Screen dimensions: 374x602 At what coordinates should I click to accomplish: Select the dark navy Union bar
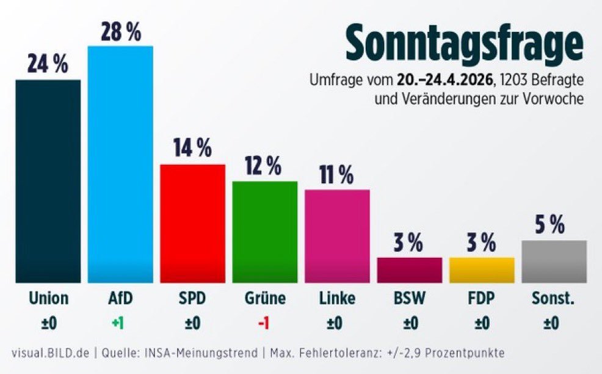pos(48,181)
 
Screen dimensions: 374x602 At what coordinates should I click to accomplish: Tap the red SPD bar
pos(192,223)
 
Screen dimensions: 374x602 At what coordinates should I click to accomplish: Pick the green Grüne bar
pos(264,232)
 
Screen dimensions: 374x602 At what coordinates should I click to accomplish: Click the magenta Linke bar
pos(337,236)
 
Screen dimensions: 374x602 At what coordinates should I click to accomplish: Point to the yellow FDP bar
pos(482,269)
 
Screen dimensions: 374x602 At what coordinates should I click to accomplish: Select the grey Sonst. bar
pos(554,262)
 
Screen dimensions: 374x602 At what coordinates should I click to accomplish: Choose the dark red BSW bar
pos(409,269)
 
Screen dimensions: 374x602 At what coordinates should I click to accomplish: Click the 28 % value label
pos(121,32)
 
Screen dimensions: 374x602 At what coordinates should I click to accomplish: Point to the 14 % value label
pos(192,148)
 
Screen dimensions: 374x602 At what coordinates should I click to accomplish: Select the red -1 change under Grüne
pos(264,323)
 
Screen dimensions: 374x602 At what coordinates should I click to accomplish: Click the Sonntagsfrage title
pos(465,43)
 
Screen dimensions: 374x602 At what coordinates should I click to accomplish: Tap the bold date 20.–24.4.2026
pos(444,80)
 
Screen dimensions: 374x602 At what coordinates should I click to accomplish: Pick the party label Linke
pos(336,299)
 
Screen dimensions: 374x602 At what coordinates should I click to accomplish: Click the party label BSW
pos(409,299)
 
